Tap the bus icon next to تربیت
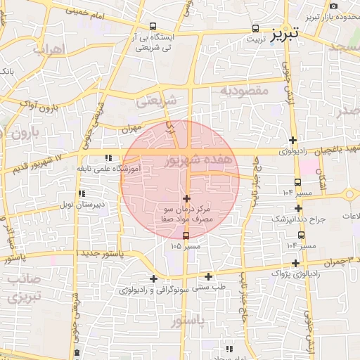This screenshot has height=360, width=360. [255, 30]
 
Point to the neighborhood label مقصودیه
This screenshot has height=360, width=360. [245, 91]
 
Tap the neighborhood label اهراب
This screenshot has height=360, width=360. [49, 50]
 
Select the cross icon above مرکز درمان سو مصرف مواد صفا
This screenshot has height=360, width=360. [186, 199]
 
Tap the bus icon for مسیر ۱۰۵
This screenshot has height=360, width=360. [186, 236]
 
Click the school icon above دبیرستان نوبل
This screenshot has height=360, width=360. [82, 193]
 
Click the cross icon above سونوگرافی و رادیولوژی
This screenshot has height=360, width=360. [153, 279]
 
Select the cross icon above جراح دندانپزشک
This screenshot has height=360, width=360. [299, 208]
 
